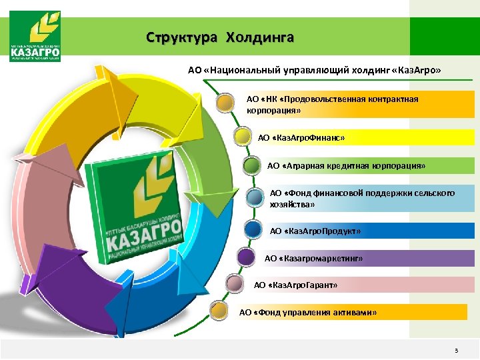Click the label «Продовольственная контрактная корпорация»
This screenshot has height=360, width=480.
333,104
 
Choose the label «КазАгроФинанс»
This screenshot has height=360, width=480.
302,138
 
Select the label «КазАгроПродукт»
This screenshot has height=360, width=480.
315,231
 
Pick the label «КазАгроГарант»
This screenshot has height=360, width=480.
295,285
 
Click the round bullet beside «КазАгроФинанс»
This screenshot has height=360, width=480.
244,137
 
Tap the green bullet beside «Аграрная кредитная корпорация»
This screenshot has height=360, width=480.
253,164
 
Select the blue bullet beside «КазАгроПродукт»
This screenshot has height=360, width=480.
253,230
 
